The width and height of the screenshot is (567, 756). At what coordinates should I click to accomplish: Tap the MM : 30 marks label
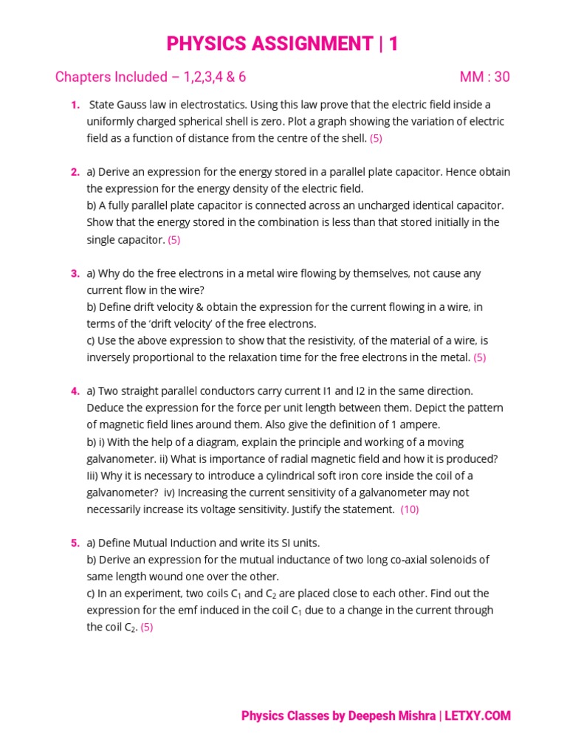pos(484,78)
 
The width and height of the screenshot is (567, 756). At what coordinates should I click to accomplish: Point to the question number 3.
pos(75,273)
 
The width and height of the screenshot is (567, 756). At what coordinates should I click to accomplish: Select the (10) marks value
pos(410,509)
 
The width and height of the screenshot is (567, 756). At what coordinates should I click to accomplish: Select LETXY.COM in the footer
pos(478,715)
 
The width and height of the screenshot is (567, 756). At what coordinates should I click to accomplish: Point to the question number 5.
pos(75,543)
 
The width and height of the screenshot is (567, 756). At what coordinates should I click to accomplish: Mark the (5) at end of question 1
pos(376,138)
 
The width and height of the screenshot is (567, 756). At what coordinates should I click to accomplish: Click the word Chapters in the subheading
pos(81,78)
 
